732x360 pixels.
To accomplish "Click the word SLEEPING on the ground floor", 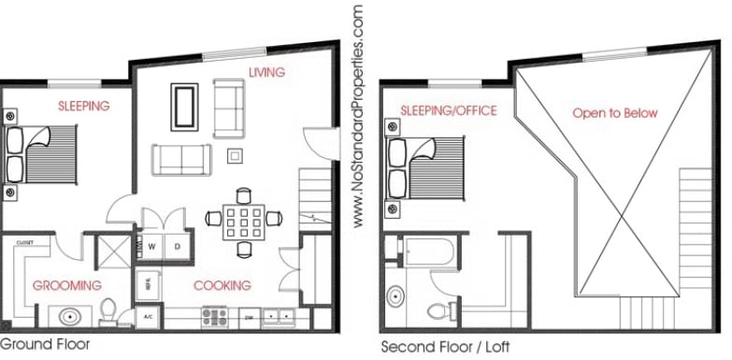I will [83, 106].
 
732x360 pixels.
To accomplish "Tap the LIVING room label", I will [266, 72].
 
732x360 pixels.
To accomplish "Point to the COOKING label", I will [222, 285].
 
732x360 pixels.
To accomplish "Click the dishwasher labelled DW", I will [250, 317].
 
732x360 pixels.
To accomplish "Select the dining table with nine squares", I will [243, 222].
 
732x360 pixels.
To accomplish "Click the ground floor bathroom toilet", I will [109, 310].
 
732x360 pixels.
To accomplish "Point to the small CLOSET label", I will [24, 242].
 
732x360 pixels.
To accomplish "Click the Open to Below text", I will [614, 113].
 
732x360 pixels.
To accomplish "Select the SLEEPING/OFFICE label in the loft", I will [448, 111].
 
